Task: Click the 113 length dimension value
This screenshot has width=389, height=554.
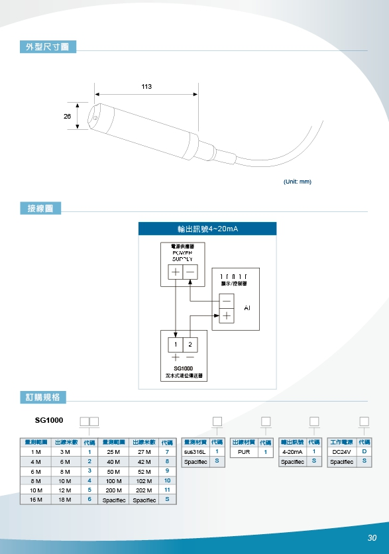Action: click(146, 87)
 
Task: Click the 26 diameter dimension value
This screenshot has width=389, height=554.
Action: click(67, 116)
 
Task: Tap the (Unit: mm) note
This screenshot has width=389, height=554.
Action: click(297, 181)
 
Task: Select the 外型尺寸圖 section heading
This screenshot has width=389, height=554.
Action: click(48, 46)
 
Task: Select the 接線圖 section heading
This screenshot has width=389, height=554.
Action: click(40, 209)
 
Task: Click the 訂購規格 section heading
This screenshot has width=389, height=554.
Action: click(43, 397)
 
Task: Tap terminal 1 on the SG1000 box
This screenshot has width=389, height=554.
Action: click(176, 345)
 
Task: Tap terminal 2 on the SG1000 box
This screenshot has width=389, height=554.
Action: click(190, 345)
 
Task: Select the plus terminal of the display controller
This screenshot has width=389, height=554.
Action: click(227, 315)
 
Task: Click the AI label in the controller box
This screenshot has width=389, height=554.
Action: click(247, 308)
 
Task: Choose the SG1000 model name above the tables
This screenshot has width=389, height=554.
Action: click(49, 420)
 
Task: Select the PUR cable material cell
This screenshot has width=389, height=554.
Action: click(243, 451)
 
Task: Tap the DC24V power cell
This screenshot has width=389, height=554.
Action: click(342, 451)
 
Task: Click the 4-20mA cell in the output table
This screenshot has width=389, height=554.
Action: click(292, 451)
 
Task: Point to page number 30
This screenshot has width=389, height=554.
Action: click(372, 537)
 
